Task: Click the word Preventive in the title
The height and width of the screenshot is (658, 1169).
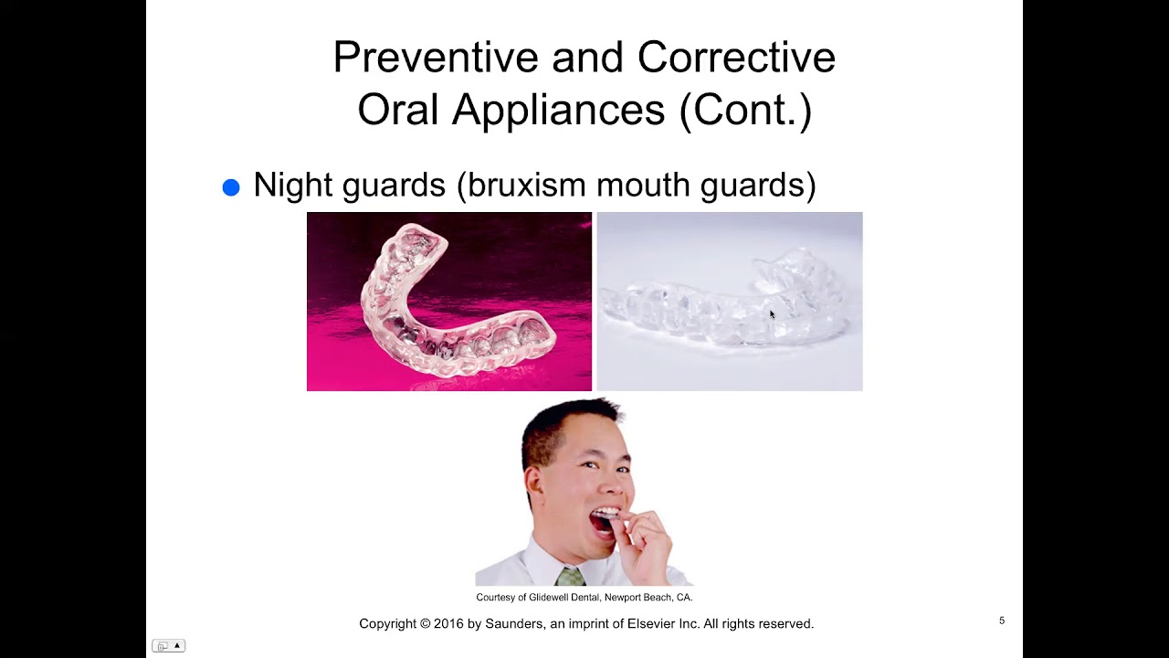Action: click(434, 58)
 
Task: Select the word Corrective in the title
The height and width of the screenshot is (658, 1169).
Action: click(736, 58)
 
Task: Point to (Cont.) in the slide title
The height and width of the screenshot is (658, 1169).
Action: click(745, 110)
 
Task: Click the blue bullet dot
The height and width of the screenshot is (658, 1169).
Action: click(231, 187)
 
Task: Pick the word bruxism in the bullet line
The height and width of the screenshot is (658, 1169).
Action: click(525, 185)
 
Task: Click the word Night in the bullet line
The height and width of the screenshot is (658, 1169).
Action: click(292, 185)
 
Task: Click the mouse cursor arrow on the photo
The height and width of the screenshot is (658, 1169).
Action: click(772, 314)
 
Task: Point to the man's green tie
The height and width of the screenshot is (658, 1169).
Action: click(570, 578)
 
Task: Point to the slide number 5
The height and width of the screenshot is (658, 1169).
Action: click(1002, 621)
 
